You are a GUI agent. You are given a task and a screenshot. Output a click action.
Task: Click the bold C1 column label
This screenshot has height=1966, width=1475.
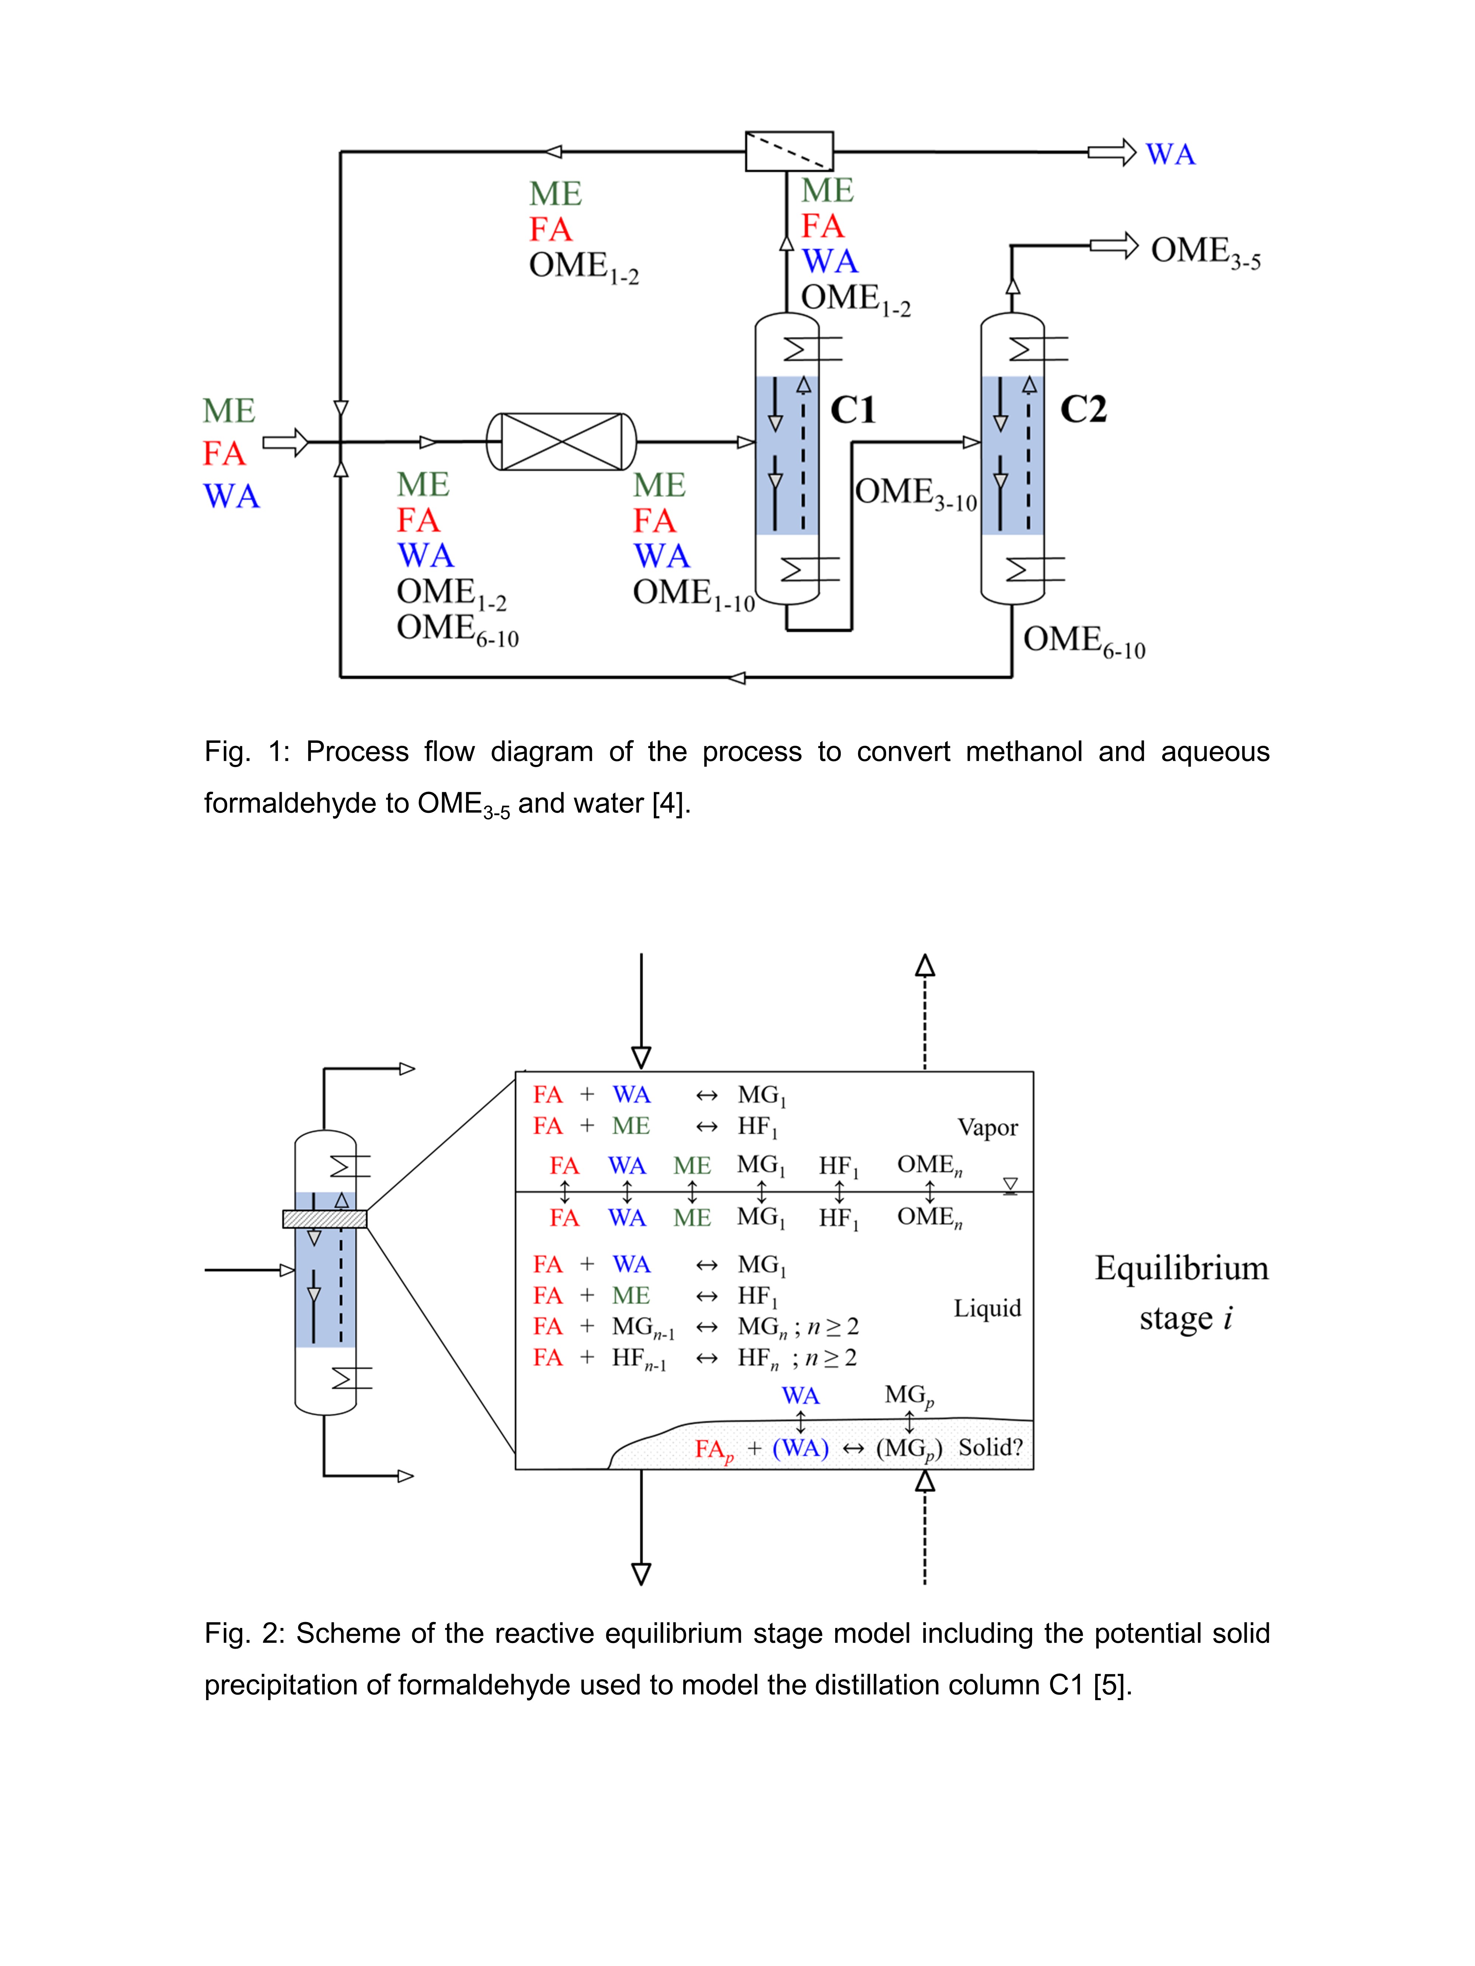click(853, 410)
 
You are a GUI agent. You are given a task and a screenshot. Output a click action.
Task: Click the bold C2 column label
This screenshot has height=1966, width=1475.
click(1083, 409)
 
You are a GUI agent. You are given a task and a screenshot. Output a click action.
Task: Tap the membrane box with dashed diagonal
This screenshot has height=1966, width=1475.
click(789, 151)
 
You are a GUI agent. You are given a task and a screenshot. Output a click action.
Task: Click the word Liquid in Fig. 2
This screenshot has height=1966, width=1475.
click(987, 1308)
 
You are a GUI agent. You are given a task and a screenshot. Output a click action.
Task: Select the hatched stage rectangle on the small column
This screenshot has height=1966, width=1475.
click(324, 1218)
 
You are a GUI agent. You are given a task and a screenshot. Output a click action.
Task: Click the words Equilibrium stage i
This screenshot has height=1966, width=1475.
click(1181, 1292)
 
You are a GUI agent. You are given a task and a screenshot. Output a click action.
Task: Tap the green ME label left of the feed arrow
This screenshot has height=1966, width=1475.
click(229, 411)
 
